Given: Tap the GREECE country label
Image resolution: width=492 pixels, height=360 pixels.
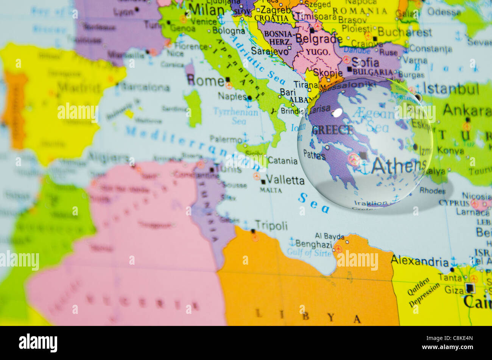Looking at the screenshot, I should click(x=332, y=130).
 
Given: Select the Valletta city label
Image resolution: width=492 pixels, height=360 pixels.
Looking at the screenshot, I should click(x=285, y=180).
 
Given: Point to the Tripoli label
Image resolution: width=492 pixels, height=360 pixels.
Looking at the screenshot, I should click(x=271, y=226).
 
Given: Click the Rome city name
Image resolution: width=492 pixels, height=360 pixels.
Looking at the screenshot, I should click(x=206, y=81).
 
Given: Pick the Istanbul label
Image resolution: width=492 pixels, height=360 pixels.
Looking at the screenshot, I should click(x=451, y=89).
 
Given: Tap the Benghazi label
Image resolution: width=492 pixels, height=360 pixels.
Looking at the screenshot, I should click(x=314, y=244).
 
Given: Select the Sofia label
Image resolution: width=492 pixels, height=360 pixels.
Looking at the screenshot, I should click(x=365, y=62).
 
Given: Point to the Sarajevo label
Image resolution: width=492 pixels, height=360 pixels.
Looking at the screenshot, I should click(x=270, y=51).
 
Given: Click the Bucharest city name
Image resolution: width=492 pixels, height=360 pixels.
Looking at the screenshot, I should click(x=405, y=32).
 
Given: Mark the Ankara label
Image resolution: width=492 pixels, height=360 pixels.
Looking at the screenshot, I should click(x=467, y=110).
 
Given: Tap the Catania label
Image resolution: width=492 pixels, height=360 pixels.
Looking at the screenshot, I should click(x=283, y=161).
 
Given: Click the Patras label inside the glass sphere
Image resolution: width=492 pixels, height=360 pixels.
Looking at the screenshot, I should click(x=314, y=154).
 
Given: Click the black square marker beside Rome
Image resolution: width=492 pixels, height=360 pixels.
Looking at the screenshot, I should click(x=227, y=79).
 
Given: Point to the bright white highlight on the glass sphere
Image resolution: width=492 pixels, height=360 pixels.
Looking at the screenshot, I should click(x=337, y=112).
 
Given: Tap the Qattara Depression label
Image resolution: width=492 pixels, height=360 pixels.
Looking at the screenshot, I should click(x=423, y=293).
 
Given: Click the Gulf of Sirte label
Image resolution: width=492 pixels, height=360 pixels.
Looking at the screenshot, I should click(x=310, y=252).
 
